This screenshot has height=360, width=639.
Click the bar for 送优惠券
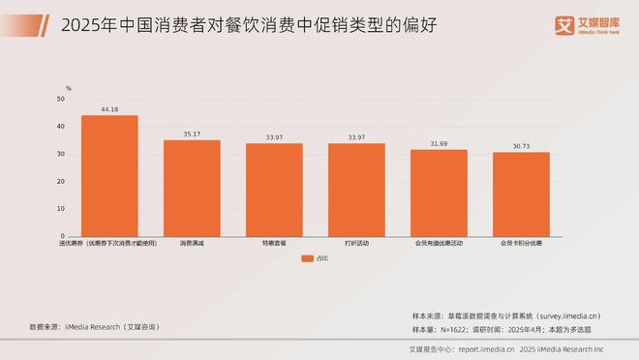coord(109,176)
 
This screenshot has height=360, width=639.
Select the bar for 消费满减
coord(192,189)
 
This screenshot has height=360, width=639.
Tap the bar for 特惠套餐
coord(274,190)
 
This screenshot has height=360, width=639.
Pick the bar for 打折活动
coord(356,190)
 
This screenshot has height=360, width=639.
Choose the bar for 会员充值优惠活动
coord(439,194)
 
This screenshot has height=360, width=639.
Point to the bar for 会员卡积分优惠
coord(521,195)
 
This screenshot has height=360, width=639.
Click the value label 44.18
coord(109,109)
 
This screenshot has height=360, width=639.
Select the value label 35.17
coord(192,135)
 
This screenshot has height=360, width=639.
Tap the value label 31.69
coord(439,144)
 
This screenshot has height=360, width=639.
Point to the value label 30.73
coord(521,146)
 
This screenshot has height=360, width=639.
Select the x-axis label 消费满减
coord(192,243)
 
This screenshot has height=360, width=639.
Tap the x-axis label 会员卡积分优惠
coord(521,243)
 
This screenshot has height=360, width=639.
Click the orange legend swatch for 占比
coord(306,258)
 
